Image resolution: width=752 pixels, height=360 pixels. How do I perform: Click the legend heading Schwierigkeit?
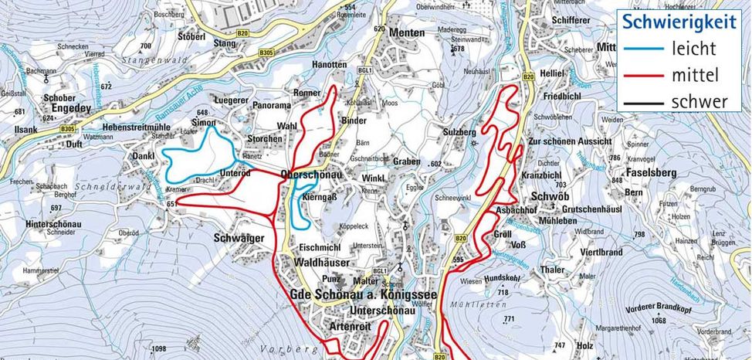point(679,22)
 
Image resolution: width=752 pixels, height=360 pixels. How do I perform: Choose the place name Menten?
point(407,32)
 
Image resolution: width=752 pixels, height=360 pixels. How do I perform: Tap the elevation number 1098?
point(160,348)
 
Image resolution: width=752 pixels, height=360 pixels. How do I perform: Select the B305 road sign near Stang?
point(267,52)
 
